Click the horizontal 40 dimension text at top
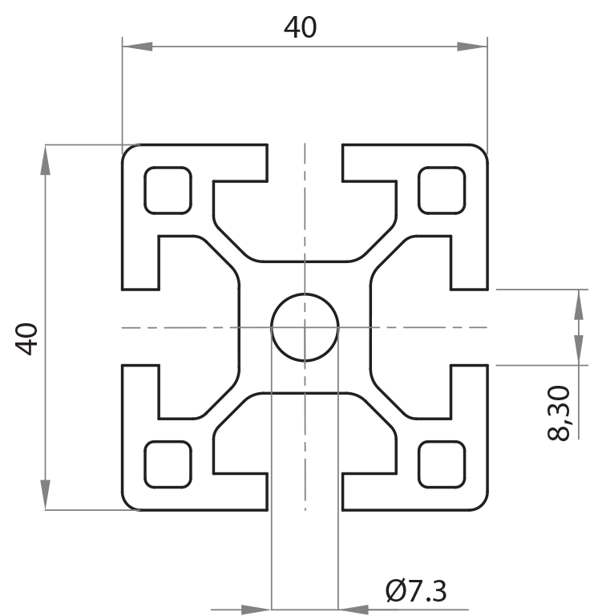[x=301, y=28]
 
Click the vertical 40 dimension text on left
[x=28, y=338]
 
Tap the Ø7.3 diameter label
[x=416, y=592]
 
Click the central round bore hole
[x=305, y=327]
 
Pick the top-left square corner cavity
[x=168, y=191]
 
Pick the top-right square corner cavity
[x=442, y=191]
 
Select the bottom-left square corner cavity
[x=168, y=464]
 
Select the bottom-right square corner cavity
[x=442, y=464]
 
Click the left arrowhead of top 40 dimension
[x=137, y=47]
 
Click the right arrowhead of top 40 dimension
[x=472, y=47]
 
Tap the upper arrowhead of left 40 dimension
[x=46, y=160]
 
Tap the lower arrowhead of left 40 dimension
[x=46, y=495]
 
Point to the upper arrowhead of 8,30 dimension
[x=577, y=304]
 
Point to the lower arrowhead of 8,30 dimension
[x=577, y=350]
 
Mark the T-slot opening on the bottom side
[x=305, y=491]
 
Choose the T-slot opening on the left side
[x=140, y=327]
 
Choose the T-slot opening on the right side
[x=469, y=327]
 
